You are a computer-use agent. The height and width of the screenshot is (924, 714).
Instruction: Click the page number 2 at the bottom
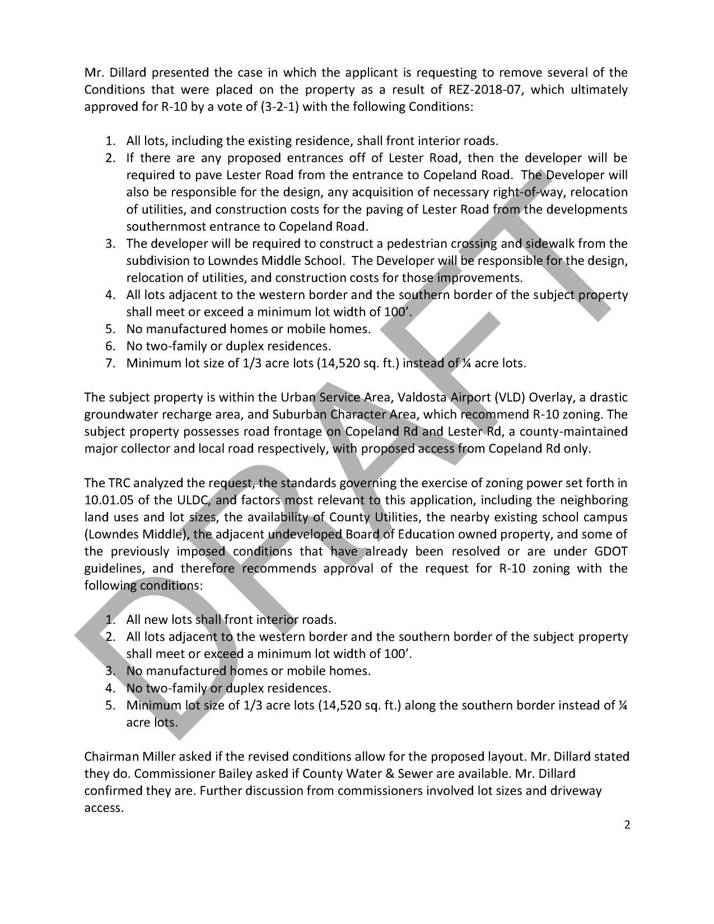(627, 824)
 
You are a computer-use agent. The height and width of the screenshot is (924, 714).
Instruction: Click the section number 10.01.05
(108, 500)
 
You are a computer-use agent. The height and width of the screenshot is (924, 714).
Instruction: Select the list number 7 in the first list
(110, 363)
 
